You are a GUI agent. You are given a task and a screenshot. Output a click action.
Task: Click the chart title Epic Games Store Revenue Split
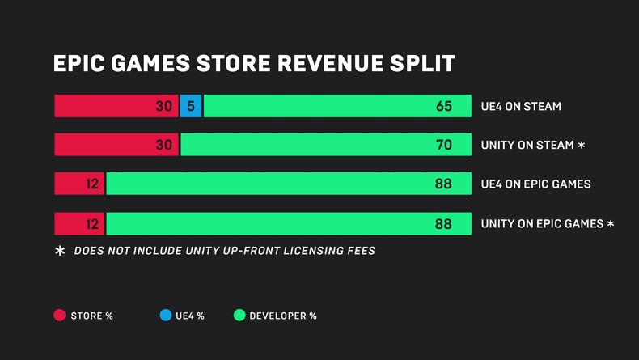point(253,64)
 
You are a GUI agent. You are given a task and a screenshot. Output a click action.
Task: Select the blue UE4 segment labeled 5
point(191,106)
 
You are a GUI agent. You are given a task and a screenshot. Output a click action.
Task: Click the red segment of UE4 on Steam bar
point(116,106)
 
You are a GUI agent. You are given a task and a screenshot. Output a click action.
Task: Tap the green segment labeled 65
point(336,106)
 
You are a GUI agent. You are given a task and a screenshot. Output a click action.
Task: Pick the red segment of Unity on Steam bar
point(116,145)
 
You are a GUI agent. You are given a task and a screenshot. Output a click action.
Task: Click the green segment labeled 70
point(325,145)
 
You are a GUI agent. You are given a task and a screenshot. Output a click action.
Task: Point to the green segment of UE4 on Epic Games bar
point(288,184)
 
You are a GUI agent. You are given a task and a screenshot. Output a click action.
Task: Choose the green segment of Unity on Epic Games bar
point(288,223)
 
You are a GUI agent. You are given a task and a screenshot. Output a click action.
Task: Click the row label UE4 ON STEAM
point(520,106)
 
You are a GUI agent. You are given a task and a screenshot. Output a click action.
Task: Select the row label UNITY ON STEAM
point(527,146)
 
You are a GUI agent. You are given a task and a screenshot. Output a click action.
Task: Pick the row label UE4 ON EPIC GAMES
point(535,184)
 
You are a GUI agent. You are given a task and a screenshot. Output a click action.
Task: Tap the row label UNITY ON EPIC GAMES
point(542,223)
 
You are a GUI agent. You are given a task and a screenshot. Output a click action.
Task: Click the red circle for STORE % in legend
point(60,316)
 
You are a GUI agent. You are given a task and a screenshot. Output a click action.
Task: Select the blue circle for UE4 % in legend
point(165,316)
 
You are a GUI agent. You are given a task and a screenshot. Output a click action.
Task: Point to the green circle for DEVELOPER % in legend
point(239,316)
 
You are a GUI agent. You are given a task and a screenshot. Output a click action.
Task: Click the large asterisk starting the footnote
point(60,252)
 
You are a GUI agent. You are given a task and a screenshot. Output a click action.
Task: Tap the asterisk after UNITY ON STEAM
point(581,146)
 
